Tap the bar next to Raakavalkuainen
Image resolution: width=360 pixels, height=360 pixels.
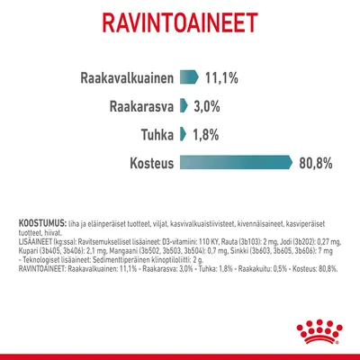pyautogui.click(x=189, y=76)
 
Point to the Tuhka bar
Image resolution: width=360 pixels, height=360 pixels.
pyautogui.click(x=181, y=134)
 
